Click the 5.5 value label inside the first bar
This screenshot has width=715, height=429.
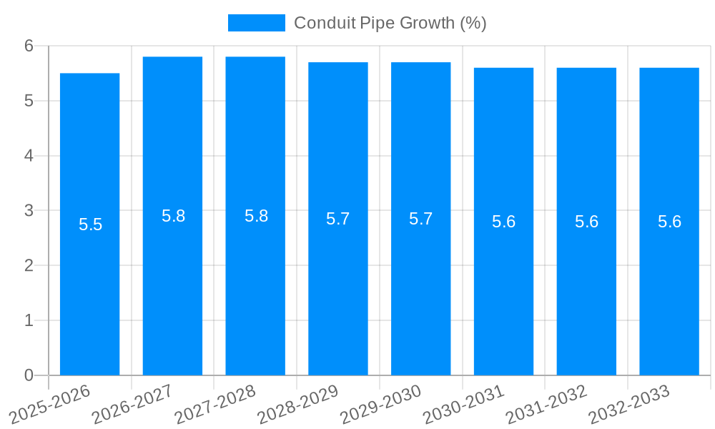click(90, 225)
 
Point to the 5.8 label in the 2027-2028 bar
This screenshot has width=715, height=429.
click(256, 216)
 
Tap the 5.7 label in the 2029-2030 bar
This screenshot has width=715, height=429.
click(420, 219)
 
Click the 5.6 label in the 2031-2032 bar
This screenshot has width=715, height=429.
click(586, 222)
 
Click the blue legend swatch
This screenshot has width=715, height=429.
click(256, 23)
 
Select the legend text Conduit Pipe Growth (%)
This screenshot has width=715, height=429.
click(390, 23)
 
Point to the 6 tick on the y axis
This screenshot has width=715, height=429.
click(29, 46)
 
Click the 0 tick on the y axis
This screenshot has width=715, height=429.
click(29, 375)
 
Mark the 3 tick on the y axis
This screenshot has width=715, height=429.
click(29, 211)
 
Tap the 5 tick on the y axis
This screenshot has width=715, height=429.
click(29, 101)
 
